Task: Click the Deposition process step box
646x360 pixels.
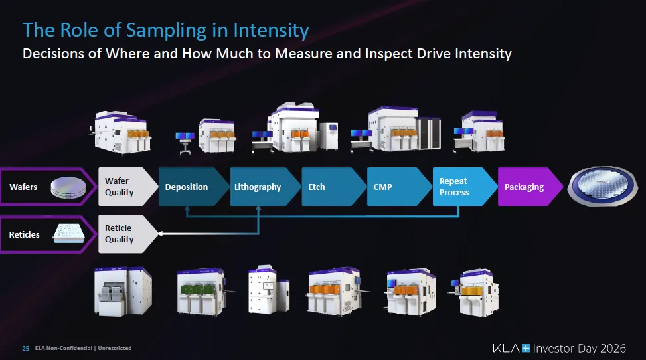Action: click(189, 187)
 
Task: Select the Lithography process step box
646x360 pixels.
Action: click(259, 187)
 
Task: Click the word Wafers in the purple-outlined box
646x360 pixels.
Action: click(23, 187)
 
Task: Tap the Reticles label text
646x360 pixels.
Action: click(25, 234)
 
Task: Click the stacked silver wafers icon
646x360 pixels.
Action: click(68, 187)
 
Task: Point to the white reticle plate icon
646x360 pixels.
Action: click(68, 234)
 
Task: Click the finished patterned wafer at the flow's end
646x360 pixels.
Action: click(602, 187)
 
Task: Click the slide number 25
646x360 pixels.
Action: click(25, 348)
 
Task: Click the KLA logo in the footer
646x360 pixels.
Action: click(511, 348)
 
